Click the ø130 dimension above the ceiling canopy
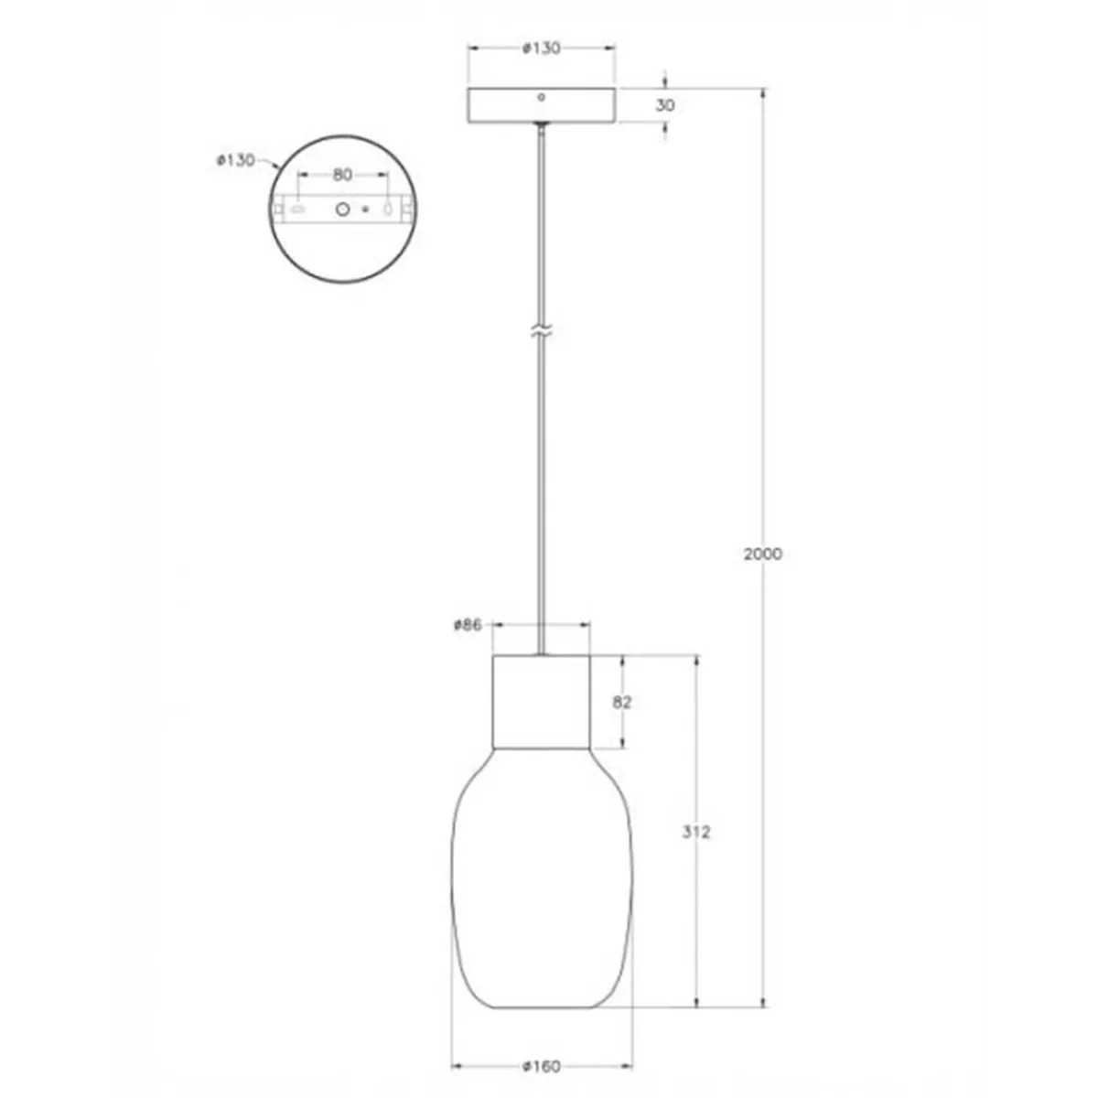point(542,48)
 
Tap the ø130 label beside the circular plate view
point(235,159)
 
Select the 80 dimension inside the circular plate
point(342,174)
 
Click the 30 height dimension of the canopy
point(666,105)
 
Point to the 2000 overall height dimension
point(763,554)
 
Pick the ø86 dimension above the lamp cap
point(468,626)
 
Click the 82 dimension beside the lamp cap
point(622,703)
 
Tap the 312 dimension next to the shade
point(696,832)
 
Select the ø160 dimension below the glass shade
point(542,1066)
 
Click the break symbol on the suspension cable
point(542,331)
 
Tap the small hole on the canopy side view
point(542,96)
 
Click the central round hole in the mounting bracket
point(343,210)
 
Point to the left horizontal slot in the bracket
point(297,210)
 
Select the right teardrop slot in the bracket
point(387,210)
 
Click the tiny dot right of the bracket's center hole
point(366,210)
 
